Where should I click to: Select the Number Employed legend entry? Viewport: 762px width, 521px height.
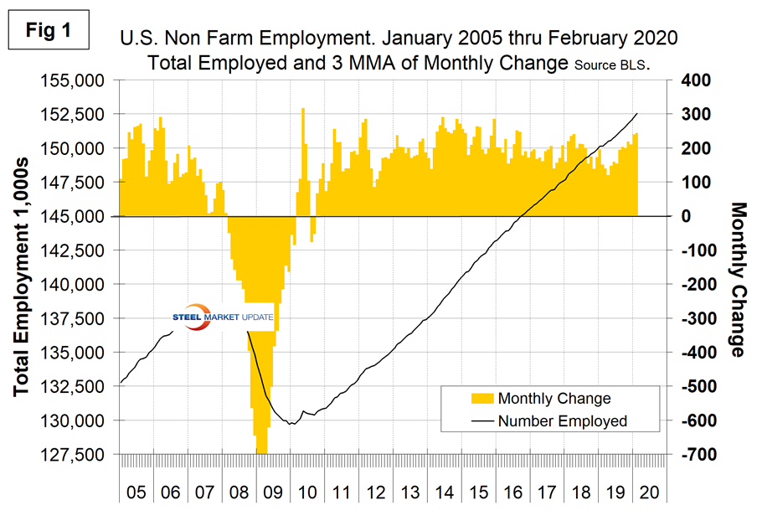pyautogui.click(x=562, y=420)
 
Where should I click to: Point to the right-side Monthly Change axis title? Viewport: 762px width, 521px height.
pyautogui.click(x=737, y=279)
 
